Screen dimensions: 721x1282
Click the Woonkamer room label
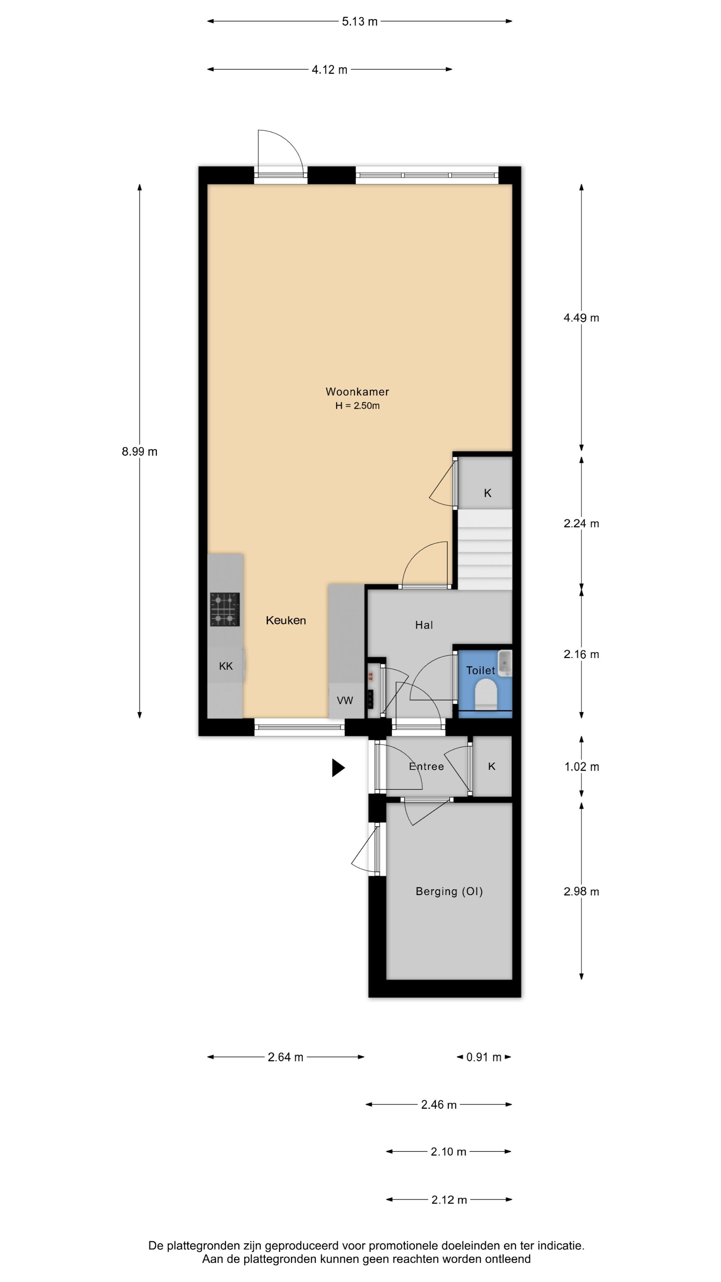(x=357, y=392)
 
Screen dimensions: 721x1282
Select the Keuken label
(x=286, y=620)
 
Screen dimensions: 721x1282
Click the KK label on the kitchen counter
(x=226, y=666)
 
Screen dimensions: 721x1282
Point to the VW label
(x=345, y=700)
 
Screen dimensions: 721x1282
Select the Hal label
(x=424, y=625)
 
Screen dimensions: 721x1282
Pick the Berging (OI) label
(x=449, y=891)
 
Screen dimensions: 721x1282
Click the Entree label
(x=427, y=767)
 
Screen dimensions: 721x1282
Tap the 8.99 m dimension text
(x=139, y=451)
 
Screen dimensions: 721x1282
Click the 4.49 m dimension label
(x=581, y=317)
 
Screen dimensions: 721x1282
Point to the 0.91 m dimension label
(x=484, y=1057)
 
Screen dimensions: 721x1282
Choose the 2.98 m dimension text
(x=581, y=891)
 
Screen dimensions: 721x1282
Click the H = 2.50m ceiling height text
(x=357, y=406)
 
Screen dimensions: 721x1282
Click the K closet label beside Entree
(x=492, y=767)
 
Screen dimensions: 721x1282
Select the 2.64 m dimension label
(x=285, y=1057)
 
